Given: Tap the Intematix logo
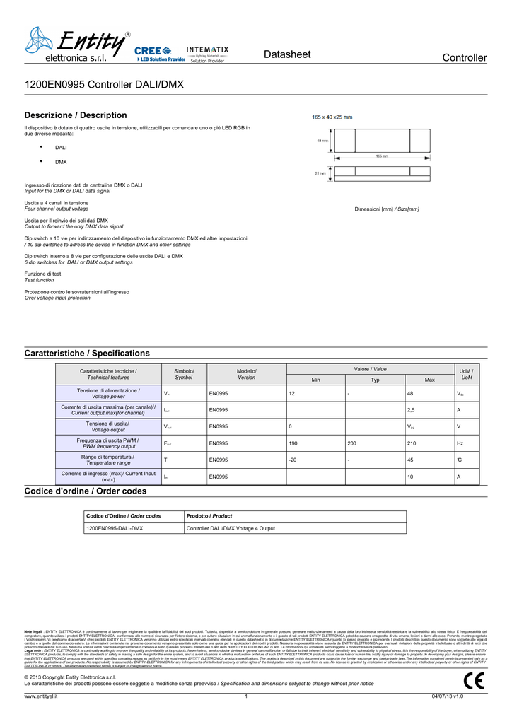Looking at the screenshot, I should tap(207, 54).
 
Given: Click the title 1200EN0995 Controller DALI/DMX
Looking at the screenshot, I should tap(104, 85).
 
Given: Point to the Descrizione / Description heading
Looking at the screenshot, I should tap(76, 115).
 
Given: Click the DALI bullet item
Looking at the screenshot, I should tap(61, 148).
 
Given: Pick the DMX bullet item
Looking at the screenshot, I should tap(61, 162).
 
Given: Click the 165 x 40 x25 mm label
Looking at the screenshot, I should tap(332, 117).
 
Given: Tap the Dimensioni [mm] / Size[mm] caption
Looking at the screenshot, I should tap(386, 209).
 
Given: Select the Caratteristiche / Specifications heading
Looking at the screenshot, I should tap(87, 353).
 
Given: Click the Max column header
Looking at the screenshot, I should tap(429, 380).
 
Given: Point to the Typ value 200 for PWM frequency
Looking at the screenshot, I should tap(351, 443).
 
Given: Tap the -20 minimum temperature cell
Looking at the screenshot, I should tap(292, 460).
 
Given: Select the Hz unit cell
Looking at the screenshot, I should tap(460, 443).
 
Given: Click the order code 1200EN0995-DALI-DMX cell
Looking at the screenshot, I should tap(115, 528).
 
